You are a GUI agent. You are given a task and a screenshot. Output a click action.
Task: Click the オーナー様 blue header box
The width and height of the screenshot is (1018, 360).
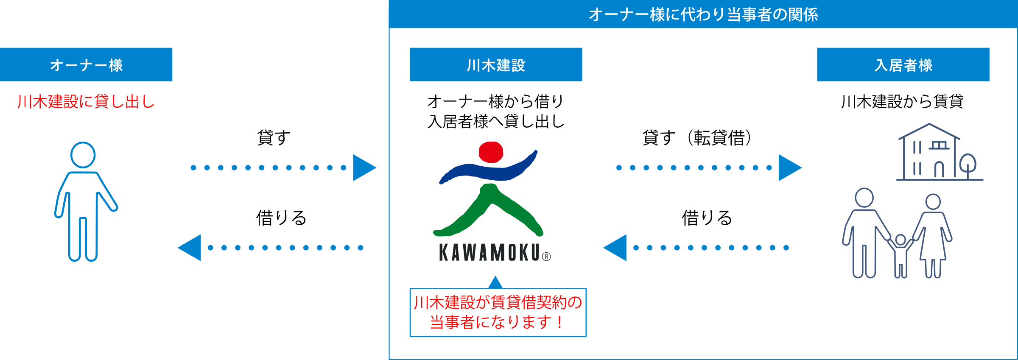tap(86, 64)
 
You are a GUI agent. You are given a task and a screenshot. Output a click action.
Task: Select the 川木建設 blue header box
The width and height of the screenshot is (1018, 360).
tap(495, 64)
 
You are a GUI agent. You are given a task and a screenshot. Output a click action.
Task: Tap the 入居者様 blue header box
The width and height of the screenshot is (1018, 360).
tap(903, 64)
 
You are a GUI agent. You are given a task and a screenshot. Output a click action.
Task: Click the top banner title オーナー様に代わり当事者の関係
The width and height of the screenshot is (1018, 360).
tap(703, 14)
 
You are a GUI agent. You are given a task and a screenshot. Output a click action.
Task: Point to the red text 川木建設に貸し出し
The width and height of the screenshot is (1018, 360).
tap(86, 102)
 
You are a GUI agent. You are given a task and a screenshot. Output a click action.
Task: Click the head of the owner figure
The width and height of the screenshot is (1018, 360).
tap(83, 155)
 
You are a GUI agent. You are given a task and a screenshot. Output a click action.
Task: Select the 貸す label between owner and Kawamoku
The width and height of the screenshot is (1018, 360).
tap(274, 138)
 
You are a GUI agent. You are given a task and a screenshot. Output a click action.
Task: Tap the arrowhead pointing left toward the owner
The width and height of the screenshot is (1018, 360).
tap(190, 248)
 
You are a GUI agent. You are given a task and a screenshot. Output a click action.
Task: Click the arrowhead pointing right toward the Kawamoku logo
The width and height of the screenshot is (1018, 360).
tap(364, 167)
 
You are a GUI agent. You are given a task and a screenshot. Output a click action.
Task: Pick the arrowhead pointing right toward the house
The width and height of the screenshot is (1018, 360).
tap(789, 167)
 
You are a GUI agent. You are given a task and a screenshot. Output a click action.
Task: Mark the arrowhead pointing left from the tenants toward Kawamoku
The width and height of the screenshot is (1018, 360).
tap(615, 248)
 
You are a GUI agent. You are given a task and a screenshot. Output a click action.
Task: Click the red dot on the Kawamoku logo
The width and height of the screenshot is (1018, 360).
tap(491, 152)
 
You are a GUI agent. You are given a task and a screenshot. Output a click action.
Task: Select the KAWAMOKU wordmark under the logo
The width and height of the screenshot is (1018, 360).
tap(489, 253)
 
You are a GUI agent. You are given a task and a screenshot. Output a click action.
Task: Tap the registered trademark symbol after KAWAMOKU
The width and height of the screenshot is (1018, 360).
tap(546, 257)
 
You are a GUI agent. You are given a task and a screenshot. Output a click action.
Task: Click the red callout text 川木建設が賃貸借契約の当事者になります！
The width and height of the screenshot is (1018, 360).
tap(498, 313)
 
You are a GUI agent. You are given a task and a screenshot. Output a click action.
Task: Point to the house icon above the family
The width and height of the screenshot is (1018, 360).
tap(929, 153)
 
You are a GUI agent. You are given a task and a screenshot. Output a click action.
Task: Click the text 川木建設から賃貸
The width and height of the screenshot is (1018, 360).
tap(903, 102)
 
